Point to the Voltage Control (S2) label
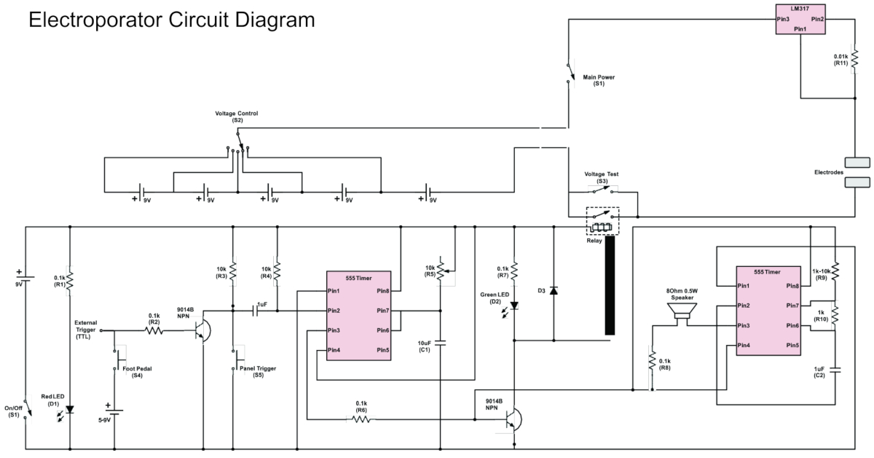(x=237, y=117)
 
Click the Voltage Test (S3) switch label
(x=602, y=176)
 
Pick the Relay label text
(x=594, y=240)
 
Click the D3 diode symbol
(x=553, y=291)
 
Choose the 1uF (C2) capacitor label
(x=819, y=372)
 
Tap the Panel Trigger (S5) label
(x=258, y=372)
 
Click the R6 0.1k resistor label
(x=361, y=406)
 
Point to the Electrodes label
(x=828, y=172)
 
